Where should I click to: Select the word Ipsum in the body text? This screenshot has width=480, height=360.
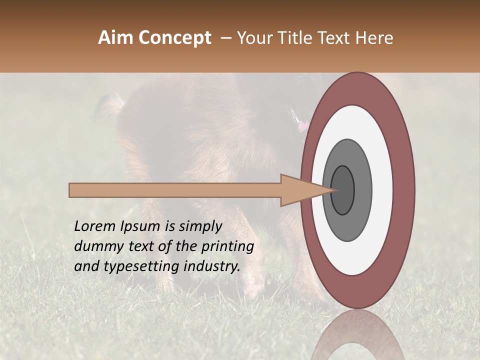pos(140,226)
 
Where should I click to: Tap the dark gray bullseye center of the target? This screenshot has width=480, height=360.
pos(343,190)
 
